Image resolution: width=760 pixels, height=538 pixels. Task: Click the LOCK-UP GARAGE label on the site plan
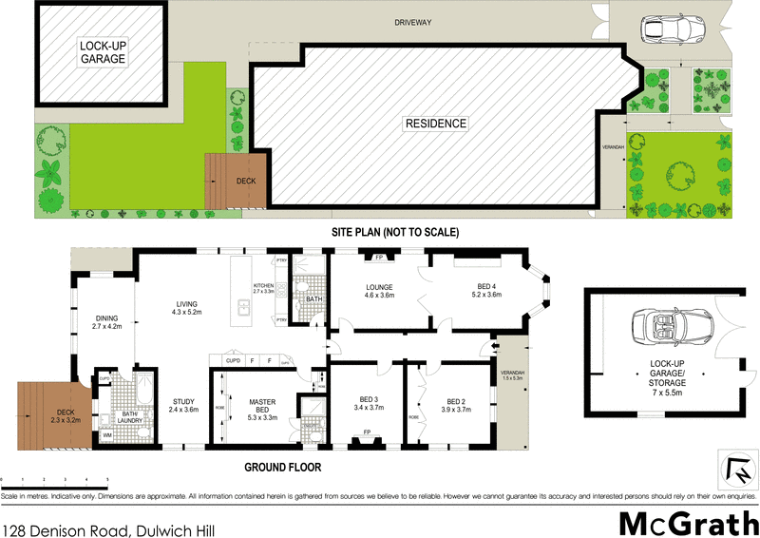point(104,51)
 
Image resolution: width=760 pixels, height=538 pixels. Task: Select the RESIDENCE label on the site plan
point(436,123)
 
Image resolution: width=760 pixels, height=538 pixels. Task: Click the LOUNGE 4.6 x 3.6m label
point(379,292)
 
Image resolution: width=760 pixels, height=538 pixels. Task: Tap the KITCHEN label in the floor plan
point(263,289)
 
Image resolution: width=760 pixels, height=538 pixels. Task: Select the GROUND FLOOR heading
point(282,468)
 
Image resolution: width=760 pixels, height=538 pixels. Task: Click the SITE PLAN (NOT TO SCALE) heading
point(394,232)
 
